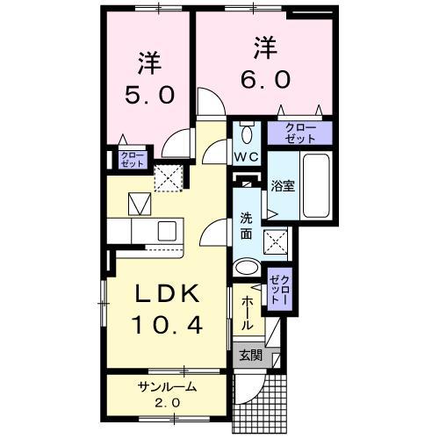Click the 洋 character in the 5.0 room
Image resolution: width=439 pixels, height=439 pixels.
point(147,63)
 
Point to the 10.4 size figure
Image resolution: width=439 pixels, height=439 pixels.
point(169,326)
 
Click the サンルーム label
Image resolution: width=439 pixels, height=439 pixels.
point(165,387)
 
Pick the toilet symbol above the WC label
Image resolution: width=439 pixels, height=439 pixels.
point(246,134)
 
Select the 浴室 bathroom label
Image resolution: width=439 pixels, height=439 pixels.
point(282,185)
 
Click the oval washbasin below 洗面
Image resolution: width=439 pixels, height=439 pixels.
point(247,268)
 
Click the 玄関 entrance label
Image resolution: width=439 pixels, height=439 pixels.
point(249,356)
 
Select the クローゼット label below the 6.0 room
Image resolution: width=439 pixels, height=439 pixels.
point(300,133)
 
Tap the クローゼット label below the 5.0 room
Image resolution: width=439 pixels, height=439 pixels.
point(131,159)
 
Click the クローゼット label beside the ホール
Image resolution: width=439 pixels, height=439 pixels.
point(278,287)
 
